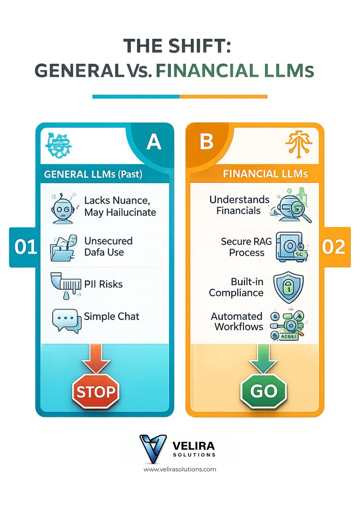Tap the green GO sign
pos(264,391)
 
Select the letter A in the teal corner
pos(154,143)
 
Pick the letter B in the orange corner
pos(207,142)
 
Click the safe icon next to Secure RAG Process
pos(292,246)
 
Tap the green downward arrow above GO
pos(264,358)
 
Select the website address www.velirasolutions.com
pos(180,469)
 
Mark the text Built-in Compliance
pos(236,287)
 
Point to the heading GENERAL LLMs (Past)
pos(93,174)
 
